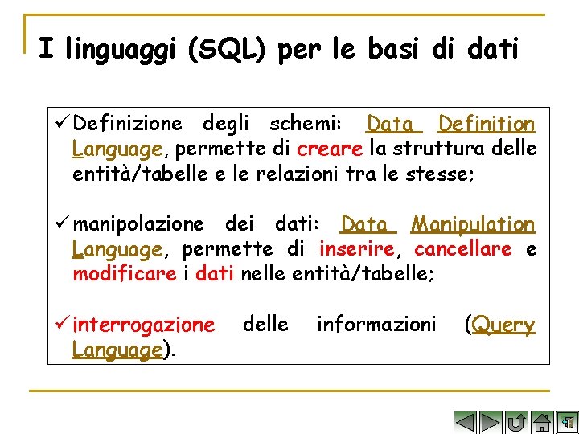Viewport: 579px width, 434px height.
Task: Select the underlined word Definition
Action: [x=486, y=125]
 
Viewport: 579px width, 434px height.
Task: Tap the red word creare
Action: [x=330, y=149]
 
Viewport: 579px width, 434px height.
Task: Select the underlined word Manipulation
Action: [x=473, y=224]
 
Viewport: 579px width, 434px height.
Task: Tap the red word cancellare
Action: [x=463, y=249]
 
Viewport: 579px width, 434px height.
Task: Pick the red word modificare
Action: [x=124, y=274]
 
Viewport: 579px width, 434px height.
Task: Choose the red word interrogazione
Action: [x=143, y=325]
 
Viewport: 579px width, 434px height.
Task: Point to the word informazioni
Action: [x=376, y=325]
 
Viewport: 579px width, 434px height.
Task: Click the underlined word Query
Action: [x=503, y=325]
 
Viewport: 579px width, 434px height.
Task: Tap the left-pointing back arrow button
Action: [x=465, y=422]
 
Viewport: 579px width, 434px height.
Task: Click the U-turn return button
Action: [x=517, y=422]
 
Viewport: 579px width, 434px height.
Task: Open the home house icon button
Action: [x=543, y=422]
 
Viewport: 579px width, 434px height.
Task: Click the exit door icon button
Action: [x=567, y=422]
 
